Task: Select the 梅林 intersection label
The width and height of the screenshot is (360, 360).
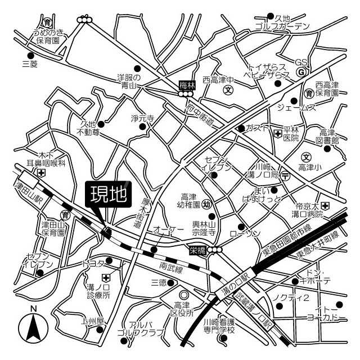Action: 186,85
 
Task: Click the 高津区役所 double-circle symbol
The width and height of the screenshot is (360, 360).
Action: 183,295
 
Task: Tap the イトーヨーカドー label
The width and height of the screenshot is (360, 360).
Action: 334,314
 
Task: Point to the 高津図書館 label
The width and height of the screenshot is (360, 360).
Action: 329,137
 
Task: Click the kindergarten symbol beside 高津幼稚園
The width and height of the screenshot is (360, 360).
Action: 206,204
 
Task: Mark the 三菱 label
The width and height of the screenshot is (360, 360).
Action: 29,64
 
